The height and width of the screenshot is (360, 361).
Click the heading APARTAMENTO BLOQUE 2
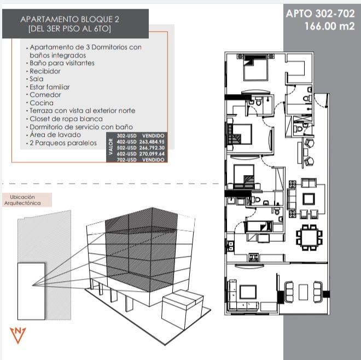click(70, 19)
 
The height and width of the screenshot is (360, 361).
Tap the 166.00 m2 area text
click(329, 26)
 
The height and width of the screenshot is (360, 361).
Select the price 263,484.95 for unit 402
click(152, 142)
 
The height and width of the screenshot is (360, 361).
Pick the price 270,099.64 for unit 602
click(152, 154)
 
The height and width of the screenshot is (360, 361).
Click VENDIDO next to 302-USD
click(153, 136)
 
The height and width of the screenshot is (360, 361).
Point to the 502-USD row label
click(127, 148)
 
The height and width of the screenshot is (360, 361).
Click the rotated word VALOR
click(110, 147)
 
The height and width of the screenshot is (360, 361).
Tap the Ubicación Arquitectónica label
click(22, 200)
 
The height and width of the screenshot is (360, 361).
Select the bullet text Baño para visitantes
click(62, 63)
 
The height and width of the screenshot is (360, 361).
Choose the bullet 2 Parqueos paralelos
click(63, 143)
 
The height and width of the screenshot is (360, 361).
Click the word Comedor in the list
click(45, 95)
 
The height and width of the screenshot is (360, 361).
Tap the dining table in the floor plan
click(309, 237)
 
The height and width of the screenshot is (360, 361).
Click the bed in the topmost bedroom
click(255, 67)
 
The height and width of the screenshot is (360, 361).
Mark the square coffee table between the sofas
click(308, 199)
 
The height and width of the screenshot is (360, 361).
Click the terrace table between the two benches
click(303, 292)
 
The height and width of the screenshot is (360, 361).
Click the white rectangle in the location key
click(31, 291)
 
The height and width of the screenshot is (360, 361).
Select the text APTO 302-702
click(320, 14)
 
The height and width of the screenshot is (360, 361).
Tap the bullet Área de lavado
click(55, 135)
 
